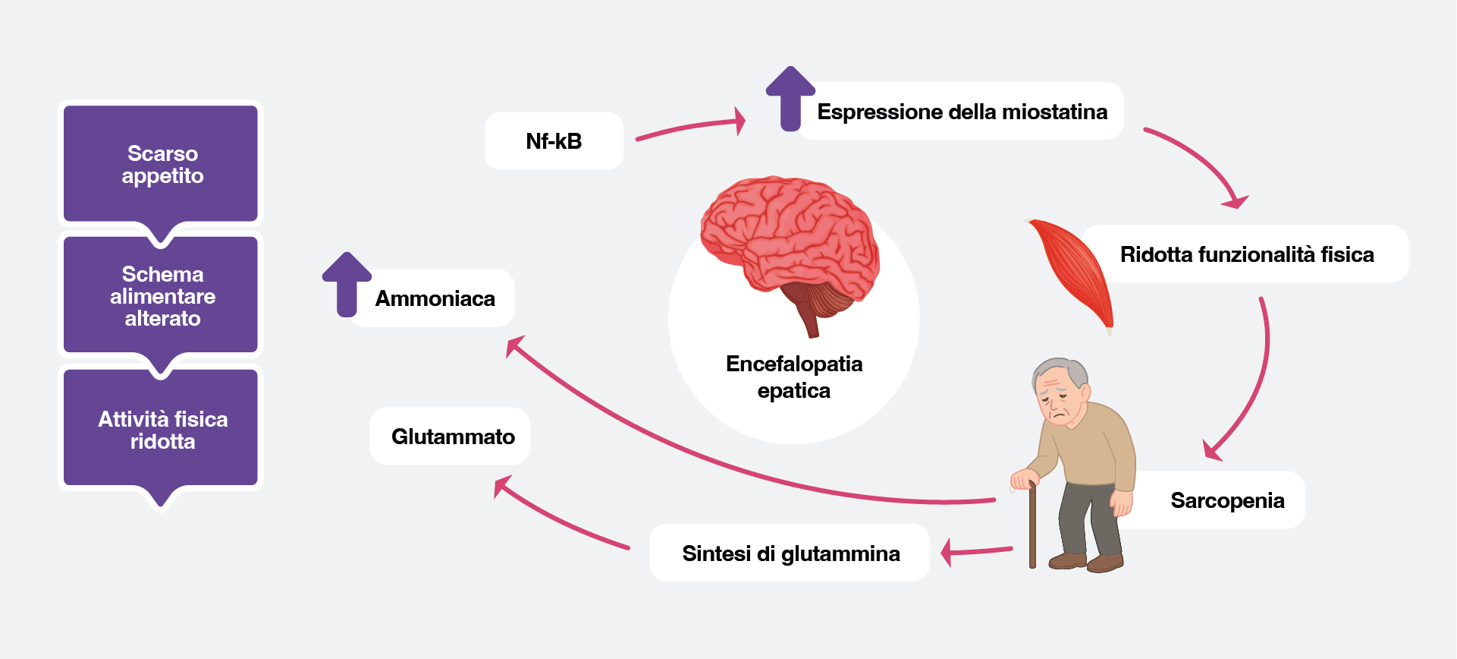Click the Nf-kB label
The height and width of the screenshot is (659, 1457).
pyautogui.click(x=554, y=141)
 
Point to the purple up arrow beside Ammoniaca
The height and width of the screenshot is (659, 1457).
pyautogui.click(x=347, y=284)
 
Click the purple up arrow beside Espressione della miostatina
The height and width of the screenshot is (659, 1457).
pyautogui.click(x=790, y=98)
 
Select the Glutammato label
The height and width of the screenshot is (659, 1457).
pyautogui.click(x=452, y=437)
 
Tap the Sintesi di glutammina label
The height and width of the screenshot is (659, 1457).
pyautogui.click(x=790, y=553)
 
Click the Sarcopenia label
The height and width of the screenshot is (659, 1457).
pyautogui.click(x=1227, y=500)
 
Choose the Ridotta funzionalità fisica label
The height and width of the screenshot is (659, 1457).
pyautogui.click(x=1247, y=254)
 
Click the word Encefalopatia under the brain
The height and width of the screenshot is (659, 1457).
pyautogui.click(x=793, y=364)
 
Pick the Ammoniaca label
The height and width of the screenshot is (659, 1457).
pyautogui.click(x=435, y=298)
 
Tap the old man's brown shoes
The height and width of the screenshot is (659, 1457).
pyautogui.click(x=1087, y=563)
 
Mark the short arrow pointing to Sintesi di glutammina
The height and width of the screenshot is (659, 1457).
pyautogui.click(x=977, y=550)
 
